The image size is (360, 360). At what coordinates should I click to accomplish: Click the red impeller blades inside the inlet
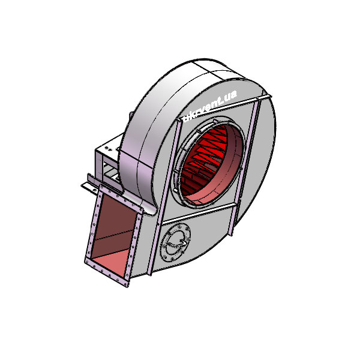point(203,161)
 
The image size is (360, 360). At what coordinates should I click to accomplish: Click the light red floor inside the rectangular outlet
point(113,262)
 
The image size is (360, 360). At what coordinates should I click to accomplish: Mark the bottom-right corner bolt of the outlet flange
point(125,284)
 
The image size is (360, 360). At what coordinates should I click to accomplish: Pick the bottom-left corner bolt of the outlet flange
point(87,261)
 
